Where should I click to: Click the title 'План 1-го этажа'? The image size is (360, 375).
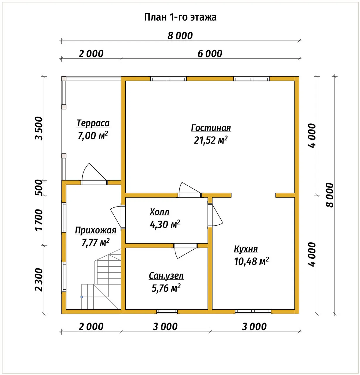pos(180,17)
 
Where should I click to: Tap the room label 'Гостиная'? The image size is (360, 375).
pos(211,128)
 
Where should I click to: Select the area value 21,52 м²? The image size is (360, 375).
pos(211,140)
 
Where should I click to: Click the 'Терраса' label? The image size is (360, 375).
pos(93,123)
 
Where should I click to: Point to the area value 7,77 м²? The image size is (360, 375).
pos(95,242)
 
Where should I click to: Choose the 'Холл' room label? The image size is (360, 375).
pos(159,212)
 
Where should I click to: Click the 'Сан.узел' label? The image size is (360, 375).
pos(166,276)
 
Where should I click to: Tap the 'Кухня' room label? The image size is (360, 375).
pos(246,249)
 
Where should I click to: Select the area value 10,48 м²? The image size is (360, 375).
pos(251,261)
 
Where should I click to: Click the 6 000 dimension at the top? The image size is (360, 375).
pos(210,54)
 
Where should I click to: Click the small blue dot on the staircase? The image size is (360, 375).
pos(82,297)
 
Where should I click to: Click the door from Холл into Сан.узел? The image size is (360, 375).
pos(186,251)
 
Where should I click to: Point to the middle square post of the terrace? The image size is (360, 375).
pos(64,107)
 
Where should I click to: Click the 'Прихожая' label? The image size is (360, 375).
pos(95,230)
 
